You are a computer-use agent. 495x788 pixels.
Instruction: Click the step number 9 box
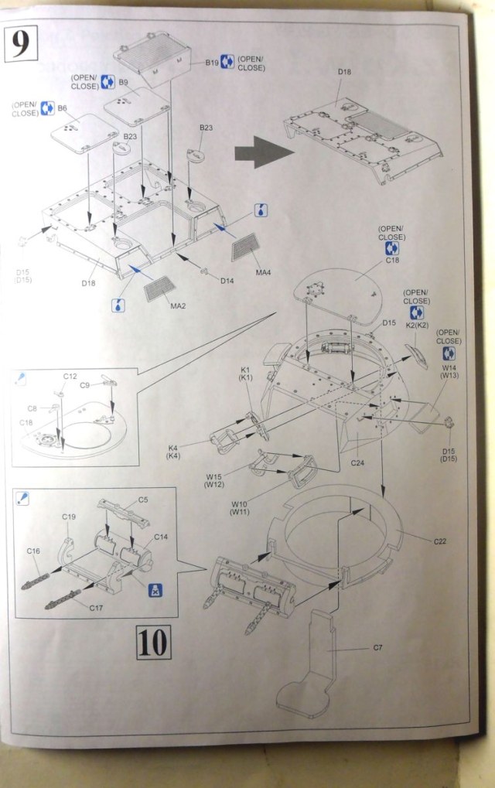tap(21, 43)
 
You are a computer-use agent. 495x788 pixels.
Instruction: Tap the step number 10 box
tap(154, 642)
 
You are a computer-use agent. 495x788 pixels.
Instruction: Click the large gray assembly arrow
tap(264, 153)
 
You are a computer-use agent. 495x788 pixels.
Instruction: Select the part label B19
tap(212, 62)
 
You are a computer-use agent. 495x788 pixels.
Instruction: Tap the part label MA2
tap(179, 306)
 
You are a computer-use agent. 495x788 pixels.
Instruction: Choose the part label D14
tap(227, 281)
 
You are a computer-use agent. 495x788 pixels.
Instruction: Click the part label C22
tap(439, 541)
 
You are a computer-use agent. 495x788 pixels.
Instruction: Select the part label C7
tap(378, 647)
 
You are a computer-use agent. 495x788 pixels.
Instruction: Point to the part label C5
tap(142, 500)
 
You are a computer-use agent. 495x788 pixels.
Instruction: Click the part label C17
tap(96, 608)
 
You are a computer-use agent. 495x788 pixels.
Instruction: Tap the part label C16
tap(33, 551)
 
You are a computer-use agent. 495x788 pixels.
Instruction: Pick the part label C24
tap(357, 462)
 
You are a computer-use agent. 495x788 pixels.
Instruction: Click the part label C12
tap(70, 376)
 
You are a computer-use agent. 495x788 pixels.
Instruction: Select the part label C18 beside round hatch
tap(391, 261)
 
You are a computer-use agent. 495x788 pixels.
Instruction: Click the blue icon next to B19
tap(227, 62)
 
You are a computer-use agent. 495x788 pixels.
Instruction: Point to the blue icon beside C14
tap(156, 589)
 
